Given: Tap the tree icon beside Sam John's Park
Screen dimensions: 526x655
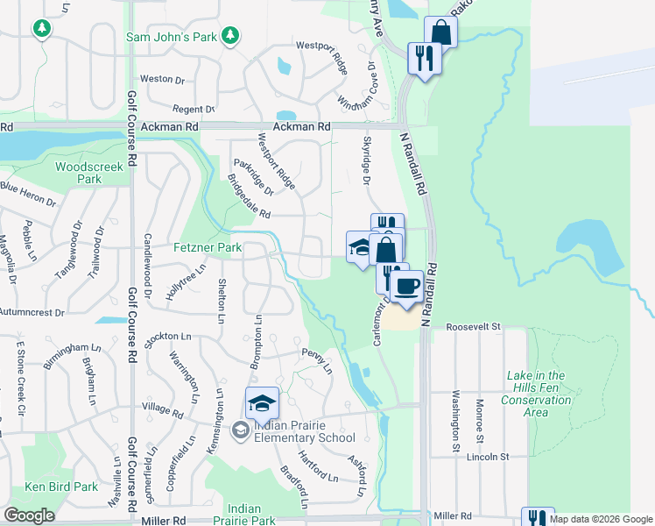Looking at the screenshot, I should [x=229, y=35].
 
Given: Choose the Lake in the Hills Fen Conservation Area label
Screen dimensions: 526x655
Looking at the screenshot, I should [x=536, y=394].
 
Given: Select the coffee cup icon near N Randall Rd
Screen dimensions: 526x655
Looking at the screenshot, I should [x=405, y=287].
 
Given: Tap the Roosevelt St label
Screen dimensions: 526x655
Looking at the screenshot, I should [x=472, y=326].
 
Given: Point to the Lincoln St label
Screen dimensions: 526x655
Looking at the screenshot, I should [x=488, y=457].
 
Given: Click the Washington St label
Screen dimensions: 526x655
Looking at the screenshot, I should [x=456, y=421].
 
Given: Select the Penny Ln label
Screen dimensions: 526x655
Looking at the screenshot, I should [x=316, y=360].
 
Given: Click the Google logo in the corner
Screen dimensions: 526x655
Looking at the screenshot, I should [x=29, y=515].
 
